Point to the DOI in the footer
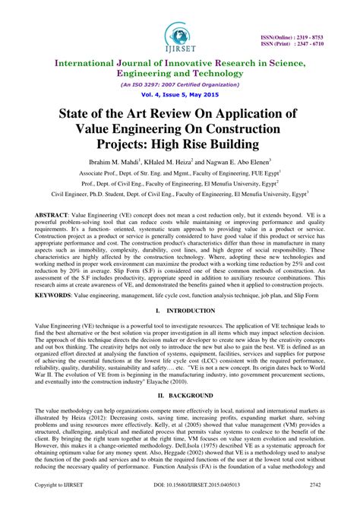click(x=180, y=503)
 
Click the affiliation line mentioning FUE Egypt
click(x=180, y=173)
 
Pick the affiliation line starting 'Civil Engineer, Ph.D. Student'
click(x=180, y=194)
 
